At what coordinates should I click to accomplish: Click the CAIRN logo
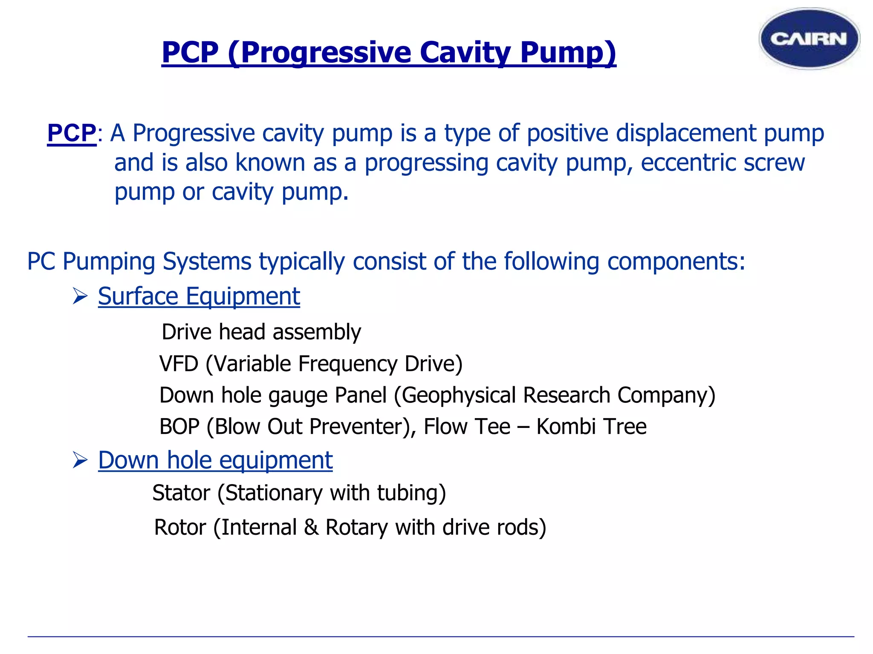click(x=809, y=39)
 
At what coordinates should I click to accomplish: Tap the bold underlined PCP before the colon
click(x=72, y=133)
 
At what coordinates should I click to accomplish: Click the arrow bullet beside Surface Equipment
click(x=80, y=296)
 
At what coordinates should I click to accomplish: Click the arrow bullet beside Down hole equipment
click(x=80, y=460)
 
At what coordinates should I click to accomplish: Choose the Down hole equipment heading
click(x=215, y=460)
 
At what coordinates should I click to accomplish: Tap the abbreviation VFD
click(x=179, y=364)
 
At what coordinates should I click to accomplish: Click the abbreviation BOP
click(x=179, y=427)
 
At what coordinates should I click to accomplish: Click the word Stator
click(x=181, y=493)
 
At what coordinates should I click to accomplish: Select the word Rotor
click(x=180, y=528)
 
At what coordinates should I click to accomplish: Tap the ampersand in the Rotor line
click(x=311, y=528)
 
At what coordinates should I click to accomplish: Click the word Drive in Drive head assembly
click(x=186, y=332)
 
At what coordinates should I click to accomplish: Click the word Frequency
click(x=347, y=364)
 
